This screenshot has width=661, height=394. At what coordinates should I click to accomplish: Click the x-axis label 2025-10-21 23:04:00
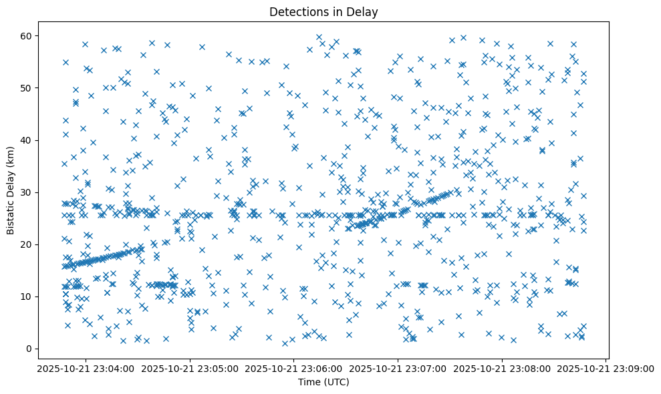click(x=86, y=368)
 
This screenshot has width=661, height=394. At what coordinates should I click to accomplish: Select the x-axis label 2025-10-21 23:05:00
click(x=190, y=368)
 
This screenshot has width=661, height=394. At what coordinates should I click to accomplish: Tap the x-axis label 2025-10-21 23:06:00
click(x=294, y=368)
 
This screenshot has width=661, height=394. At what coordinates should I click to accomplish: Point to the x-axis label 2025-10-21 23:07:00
click(x=398, y=368)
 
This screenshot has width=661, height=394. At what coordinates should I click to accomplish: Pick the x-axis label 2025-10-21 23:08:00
click(x=502, y=368)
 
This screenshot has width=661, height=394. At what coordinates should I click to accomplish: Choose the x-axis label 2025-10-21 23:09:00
click(x=606, y=368)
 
